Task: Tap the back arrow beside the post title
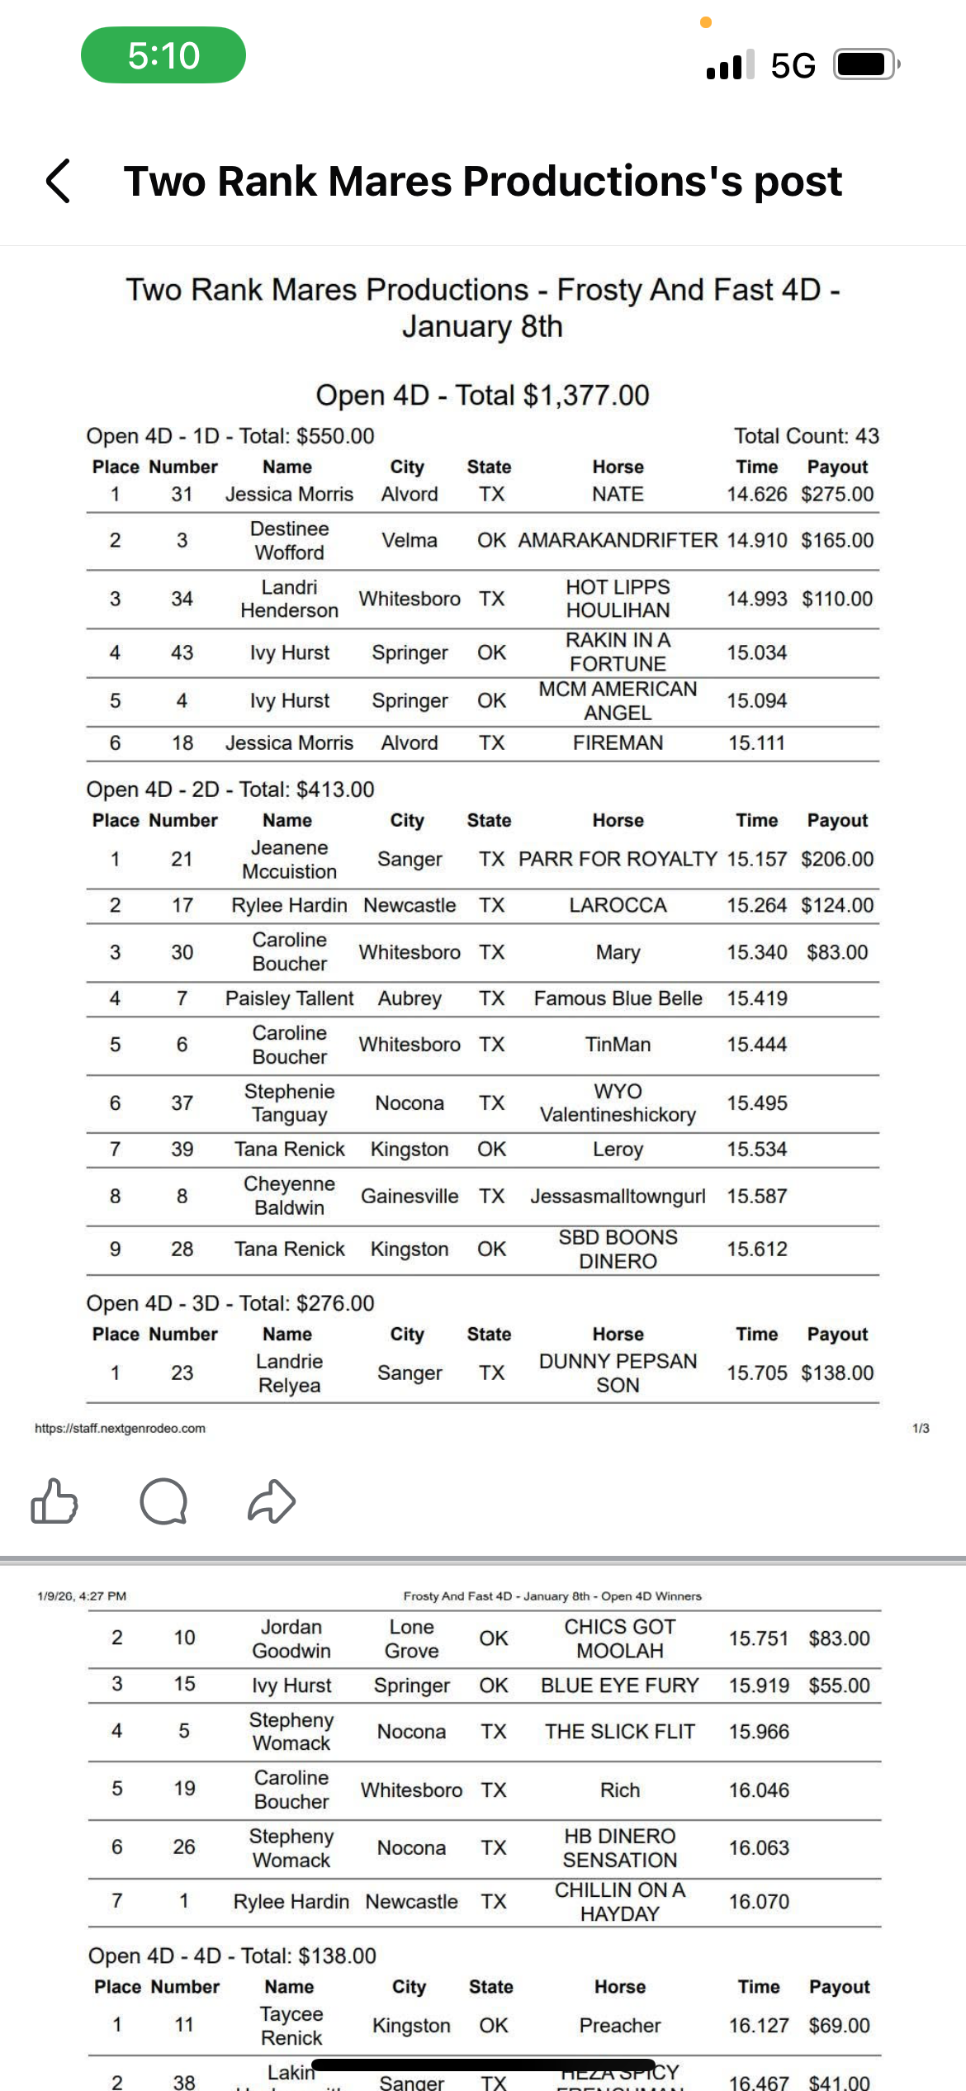58,181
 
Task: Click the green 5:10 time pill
163,55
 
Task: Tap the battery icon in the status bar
864,64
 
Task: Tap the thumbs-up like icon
54,1501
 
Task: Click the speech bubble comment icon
163,1501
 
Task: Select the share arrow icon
272,1501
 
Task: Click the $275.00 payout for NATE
836,495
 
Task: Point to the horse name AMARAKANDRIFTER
618,540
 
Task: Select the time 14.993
756,599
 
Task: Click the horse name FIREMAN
618,743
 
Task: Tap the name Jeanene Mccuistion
289,860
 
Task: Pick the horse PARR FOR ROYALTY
618,860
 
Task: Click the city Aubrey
410,998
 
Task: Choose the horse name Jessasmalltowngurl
618,1197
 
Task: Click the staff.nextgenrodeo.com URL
120,1429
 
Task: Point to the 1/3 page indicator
921,1429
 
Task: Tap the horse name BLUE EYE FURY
619,1686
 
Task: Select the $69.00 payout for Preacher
839,2026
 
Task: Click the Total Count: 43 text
806,436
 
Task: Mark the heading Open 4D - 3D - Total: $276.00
230,1303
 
